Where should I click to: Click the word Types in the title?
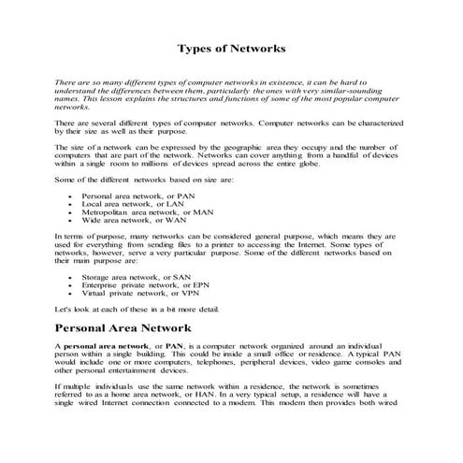pyautogui.click(x=197, y=47)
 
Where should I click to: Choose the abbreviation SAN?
pyautogui.click(x=183, y=278)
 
